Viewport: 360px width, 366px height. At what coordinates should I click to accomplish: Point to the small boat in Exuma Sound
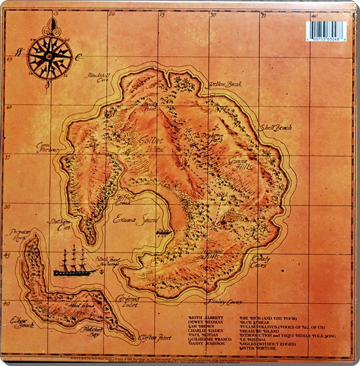[164, 232]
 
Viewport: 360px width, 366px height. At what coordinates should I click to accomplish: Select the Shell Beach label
[276, 128]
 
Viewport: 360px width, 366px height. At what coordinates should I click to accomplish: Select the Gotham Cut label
[60, 224]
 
